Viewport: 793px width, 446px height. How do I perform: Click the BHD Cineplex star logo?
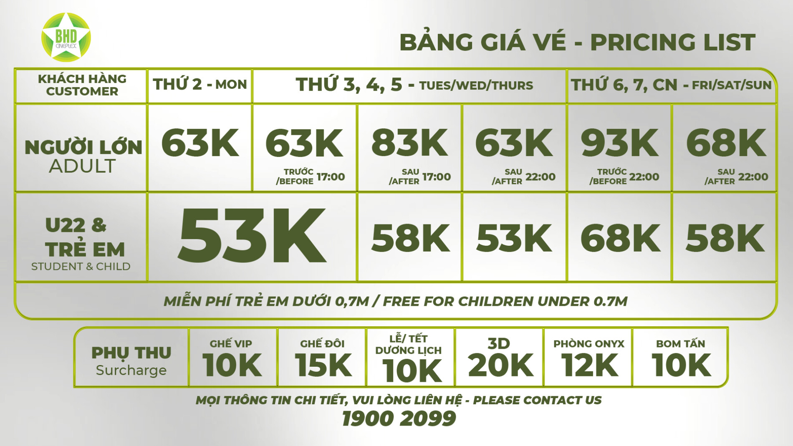tap(66, 37)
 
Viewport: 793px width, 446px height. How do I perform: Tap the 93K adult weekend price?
tap(620, 143)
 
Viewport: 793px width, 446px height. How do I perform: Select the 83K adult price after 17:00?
tap(409, 143)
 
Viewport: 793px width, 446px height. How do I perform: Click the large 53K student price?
tap(252, 236)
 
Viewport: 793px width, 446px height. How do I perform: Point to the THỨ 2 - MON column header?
tap(200, 85)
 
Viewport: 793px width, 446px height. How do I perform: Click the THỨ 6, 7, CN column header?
tap(671, 85)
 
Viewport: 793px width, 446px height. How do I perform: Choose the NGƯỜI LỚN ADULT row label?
tap(83, 156)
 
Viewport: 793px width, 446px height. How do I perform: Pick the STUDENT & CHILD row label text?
tap(81, 266)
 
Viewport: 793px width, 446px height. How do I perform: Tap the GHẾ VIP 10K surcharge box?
tap(232, 358)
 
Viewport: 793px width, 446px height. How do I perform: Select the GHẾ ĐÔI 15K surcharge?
tap(323, 358)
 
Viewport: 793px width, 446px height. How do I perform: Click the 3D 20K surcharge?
tap(500, 358)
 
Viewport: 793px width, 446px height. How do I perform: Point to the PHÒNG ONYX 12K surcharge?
tap(588, 358)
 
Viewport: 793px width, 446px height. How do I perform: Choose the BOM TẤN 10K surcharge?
tap(681, 358)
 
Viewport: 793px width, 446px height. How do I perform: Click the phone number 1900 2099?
tap(399, 418)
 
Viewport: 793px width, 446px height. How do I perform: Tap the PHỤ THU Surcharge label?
tap(131, 361)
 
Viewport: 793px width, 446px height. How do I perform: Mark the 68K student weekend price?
tap(620, 238)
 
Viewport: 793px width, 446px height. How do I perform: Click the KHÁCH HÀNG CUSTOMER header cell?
tap(82, 85)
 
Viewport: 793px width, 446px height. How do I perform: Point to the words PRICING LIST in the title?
tap(672, 42)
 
